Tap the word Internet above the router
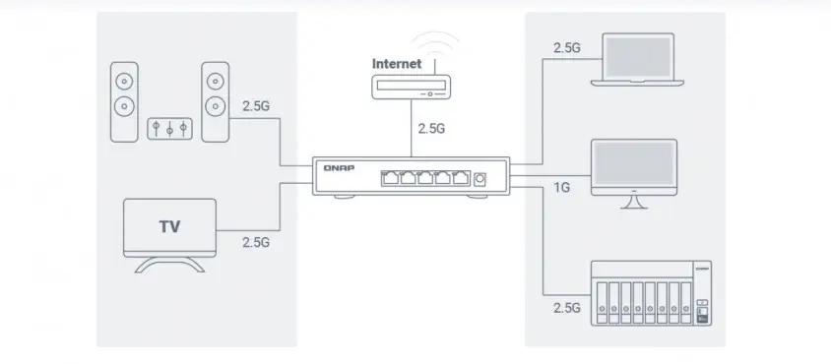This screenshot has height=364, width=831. [x=397, y=64]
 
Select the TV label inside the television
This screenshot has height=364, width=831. [x=169, y=226]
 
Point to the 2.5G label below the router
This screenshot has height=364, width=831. [x=431, y=128]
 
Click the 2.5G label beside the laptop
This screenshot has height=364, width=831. [x=566, y=47]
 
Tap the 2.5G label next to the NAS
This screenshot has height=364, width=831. [x=566, y=308]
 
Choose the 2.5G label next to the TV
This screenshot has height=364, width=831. [x=255, y=241]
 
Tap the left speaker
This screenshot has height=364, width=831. [x=124, y=104]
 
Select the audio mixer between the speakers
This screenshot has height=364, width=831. [x=170, y=129]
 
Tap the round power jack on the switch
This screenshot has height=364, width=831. [x=479, y=178]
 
